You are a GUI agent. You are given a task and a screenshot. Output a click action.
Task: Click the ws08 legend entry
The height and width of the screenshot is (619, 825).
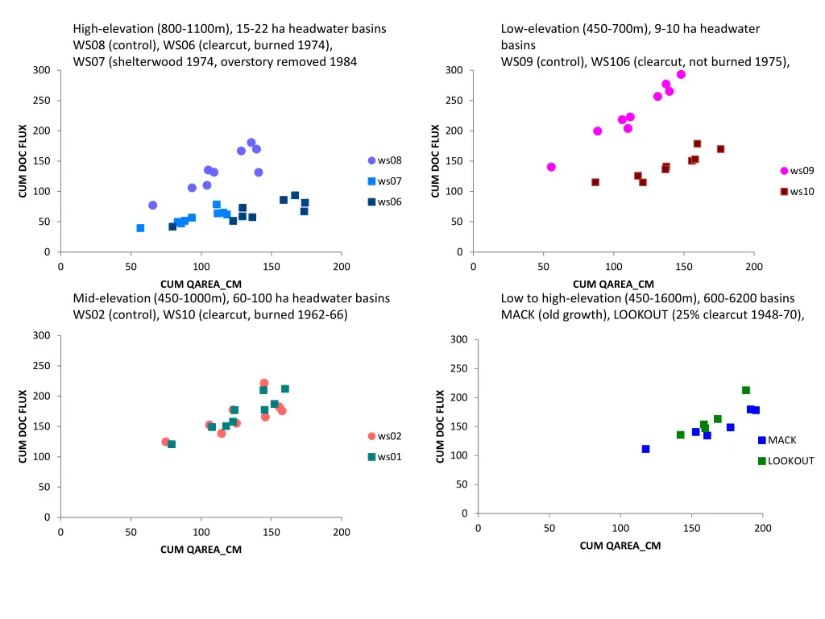coord(384,160)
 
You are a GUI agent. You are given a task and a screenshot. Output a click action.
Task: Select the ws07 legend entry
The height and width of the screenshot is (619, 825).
coord(384,181)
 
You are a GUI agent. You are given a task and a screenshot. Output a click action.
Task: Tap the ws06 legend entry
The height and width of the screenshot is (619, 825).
coord(384,201)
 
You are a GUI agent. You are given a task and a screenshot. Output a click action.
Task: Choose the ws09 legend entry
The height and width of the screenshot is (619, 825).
coord(797,171)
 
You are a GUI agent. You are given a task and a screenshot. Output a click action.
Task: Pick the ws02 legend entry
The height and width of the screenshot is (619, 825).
coord(384,436)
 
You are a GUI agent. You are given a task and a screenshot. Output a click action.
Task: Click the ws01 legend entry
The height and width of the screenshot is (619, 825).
coord(384,457)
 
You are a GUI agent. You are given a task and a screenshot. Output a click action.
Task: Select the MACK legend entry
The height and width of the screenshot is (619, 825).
coord(777,440)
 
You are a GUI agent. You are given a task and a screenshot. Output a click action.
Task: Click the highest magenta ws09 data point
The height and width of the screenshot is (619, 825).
coord(681,74)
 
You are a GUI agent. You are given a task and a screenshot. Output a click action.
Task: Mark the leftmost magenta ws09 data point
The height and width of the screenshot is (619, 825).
coord(551,167)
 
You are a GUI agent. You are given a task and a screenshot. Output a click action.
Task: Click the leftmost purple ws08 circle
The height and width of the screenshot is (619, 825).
coord(152,206)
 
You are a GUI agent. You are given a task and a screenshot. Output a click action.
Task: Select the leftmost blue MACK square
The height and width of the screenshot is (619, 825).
coord(645,449)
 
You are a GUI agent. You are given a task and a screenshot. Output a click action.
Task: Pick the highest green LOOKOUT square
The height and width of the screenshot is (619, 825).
coord(746,390)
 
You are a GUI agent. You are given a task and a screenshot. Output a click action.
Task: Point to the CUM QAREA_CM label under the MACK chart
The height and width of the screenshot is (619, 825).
coord(620,546)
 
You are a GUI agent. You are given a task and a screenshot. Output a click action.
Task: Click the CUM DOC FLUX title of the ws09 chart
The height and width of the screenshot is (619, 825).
coord(435,160)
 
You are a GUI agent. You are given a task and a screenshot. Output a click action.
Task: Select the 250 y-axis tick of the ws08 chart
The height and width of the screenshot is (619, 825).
coord(42,101)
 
